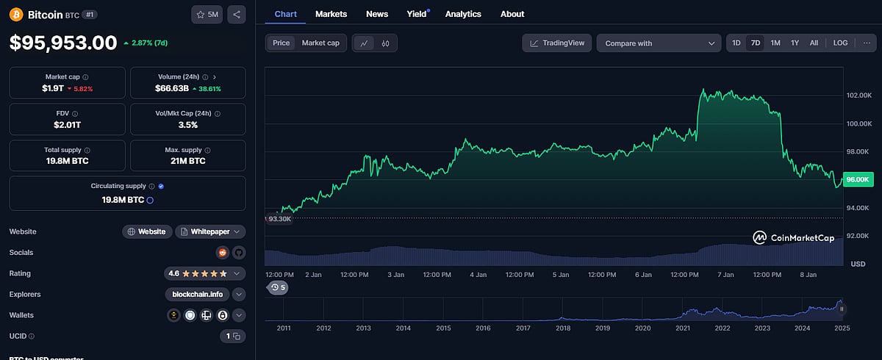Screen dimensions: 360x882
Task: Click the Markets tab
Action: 331,14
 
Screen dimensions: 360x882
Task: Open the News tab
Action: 377,14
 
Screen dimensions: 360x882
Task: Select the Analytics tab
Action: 463,14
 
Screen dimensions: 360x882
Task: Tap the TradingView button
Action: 557,43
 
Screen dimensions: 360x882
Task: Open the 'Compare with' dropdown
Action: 659,43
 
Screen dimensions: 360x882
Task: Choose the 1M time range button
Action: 775,43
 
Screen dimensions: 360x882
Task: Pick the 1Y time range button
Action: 795,43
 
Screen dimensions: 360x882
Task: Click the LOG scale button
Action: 840,43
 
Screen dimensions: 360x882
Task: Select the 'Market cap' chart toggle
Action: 320,43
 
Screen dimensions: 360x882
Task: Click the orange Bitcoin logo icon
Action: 16,15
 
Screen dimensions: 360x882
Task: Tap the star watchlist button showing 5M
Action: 207,15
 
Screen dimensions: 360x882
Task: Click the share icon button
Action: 236,15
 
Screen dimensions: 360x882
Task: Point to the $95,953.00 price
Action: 63,43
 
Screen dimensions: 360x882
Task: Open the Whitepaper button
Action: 209,231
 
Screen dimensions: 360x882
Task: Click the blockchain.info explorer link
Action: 197,295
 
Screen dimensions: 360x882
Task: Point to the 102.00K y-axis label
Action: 858,96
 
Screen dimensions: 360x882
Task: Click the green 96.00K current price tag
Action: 858,179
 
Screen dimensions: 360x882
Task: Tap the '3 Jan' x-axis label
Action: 395,275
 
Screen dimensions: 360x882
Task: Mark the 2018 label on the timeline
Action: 563,328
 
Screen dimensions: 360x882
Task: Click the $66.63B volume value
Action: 173,89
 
